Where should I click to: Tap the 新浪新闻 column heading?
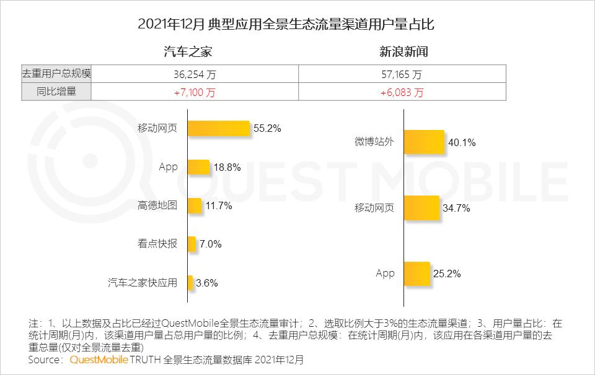pyautogui.click(x=403, y=52)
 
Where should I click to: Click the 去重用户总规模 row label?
pyautogui.click(x=56, y=74)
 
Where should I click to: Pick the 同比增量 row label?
pyautogui.click(x=56, y=92)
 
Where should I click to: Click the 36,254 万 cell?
pyautogui.click(x=195, y=74)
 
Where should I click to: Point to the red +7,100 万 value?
pyautogui.click(x=195, y=92)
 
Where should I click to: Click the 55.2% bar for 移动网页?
pyautogui.click(x=219, y=129)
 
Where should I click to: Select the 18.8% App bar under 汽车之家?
pyautogui.click(x=199, y=167)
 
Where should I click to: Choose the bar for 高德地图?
pyautogui.click(x=195, y=206)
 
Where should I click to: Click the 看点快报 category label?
pyautogui.click(x=157, y=244)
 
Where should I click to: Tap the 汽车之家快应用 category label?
pyautogui.click(x=143, y=283)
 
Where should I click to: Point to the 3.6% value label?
pyautogui.click(x=207, y=283)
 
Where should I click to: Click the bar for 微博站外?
pyautogui.click(x=425, y=142)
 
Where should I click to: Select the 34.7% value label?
pyautogui.click(x=456, y=208)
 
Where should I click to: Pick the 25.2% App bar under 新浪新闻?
pyautogui.click(x=417, y=274)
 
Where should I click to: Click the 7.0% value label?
pyautogui.click(x=210, y=244)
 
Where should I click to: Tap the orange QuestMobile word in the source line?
pyautogui.click(x=99, y=359)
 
